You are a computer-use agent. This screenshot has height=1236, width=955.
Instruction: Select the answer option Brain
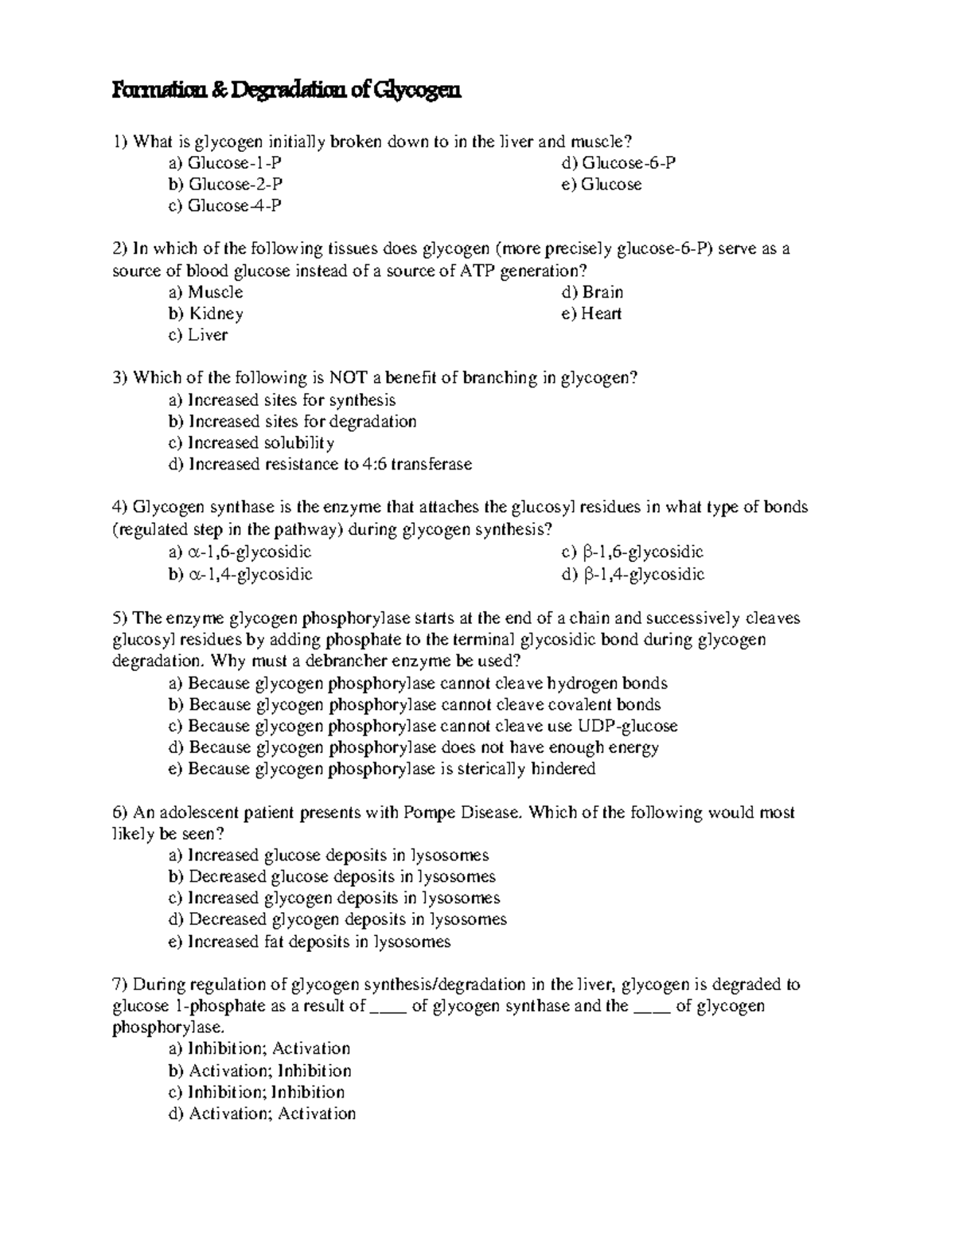[593, 292]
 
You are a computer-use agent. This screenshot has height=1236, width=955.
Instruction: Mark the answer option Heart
[591, 314]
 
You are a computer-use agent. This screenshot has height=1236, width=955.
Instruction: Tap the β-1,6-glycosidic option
[633, 552]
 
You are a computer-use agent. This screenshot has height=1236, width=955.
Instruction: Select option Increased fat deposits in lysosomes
[310, 942]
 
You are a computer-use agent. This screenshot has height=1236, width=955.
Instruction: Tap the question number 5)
[121, 618]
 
